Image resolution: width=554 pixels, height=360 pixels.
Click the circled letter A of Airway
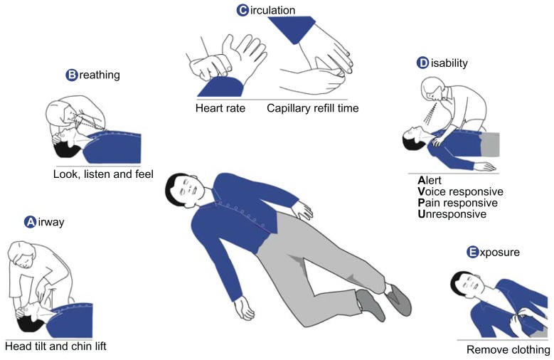[x=30, y=222]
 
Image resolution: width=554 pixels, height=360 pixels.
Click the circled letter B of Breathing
[x=71, y=74]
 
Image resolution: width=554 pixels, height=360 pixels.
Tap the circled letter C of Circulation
[x=243, y=9]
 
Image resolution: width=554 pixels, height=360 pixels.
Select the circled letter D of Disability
[x=423, y=63]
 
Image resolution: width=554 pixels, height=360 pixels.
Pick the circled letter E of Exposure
[x=473, y=252]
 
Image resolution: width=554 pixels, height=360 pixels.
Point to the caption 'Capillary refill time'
[x=313, y=109]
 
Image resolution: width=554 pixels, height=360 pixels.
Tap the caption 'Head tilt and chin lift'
[x=55, y=346]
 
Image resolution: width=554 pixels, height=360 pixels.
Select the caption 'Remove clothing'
[x=508, y=349]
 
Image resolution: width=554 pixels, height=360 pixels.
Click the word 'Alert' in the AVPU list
[x=430, y=181]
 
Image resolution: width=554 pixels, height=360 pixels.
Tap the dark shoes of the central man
[x=384, y=299]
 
